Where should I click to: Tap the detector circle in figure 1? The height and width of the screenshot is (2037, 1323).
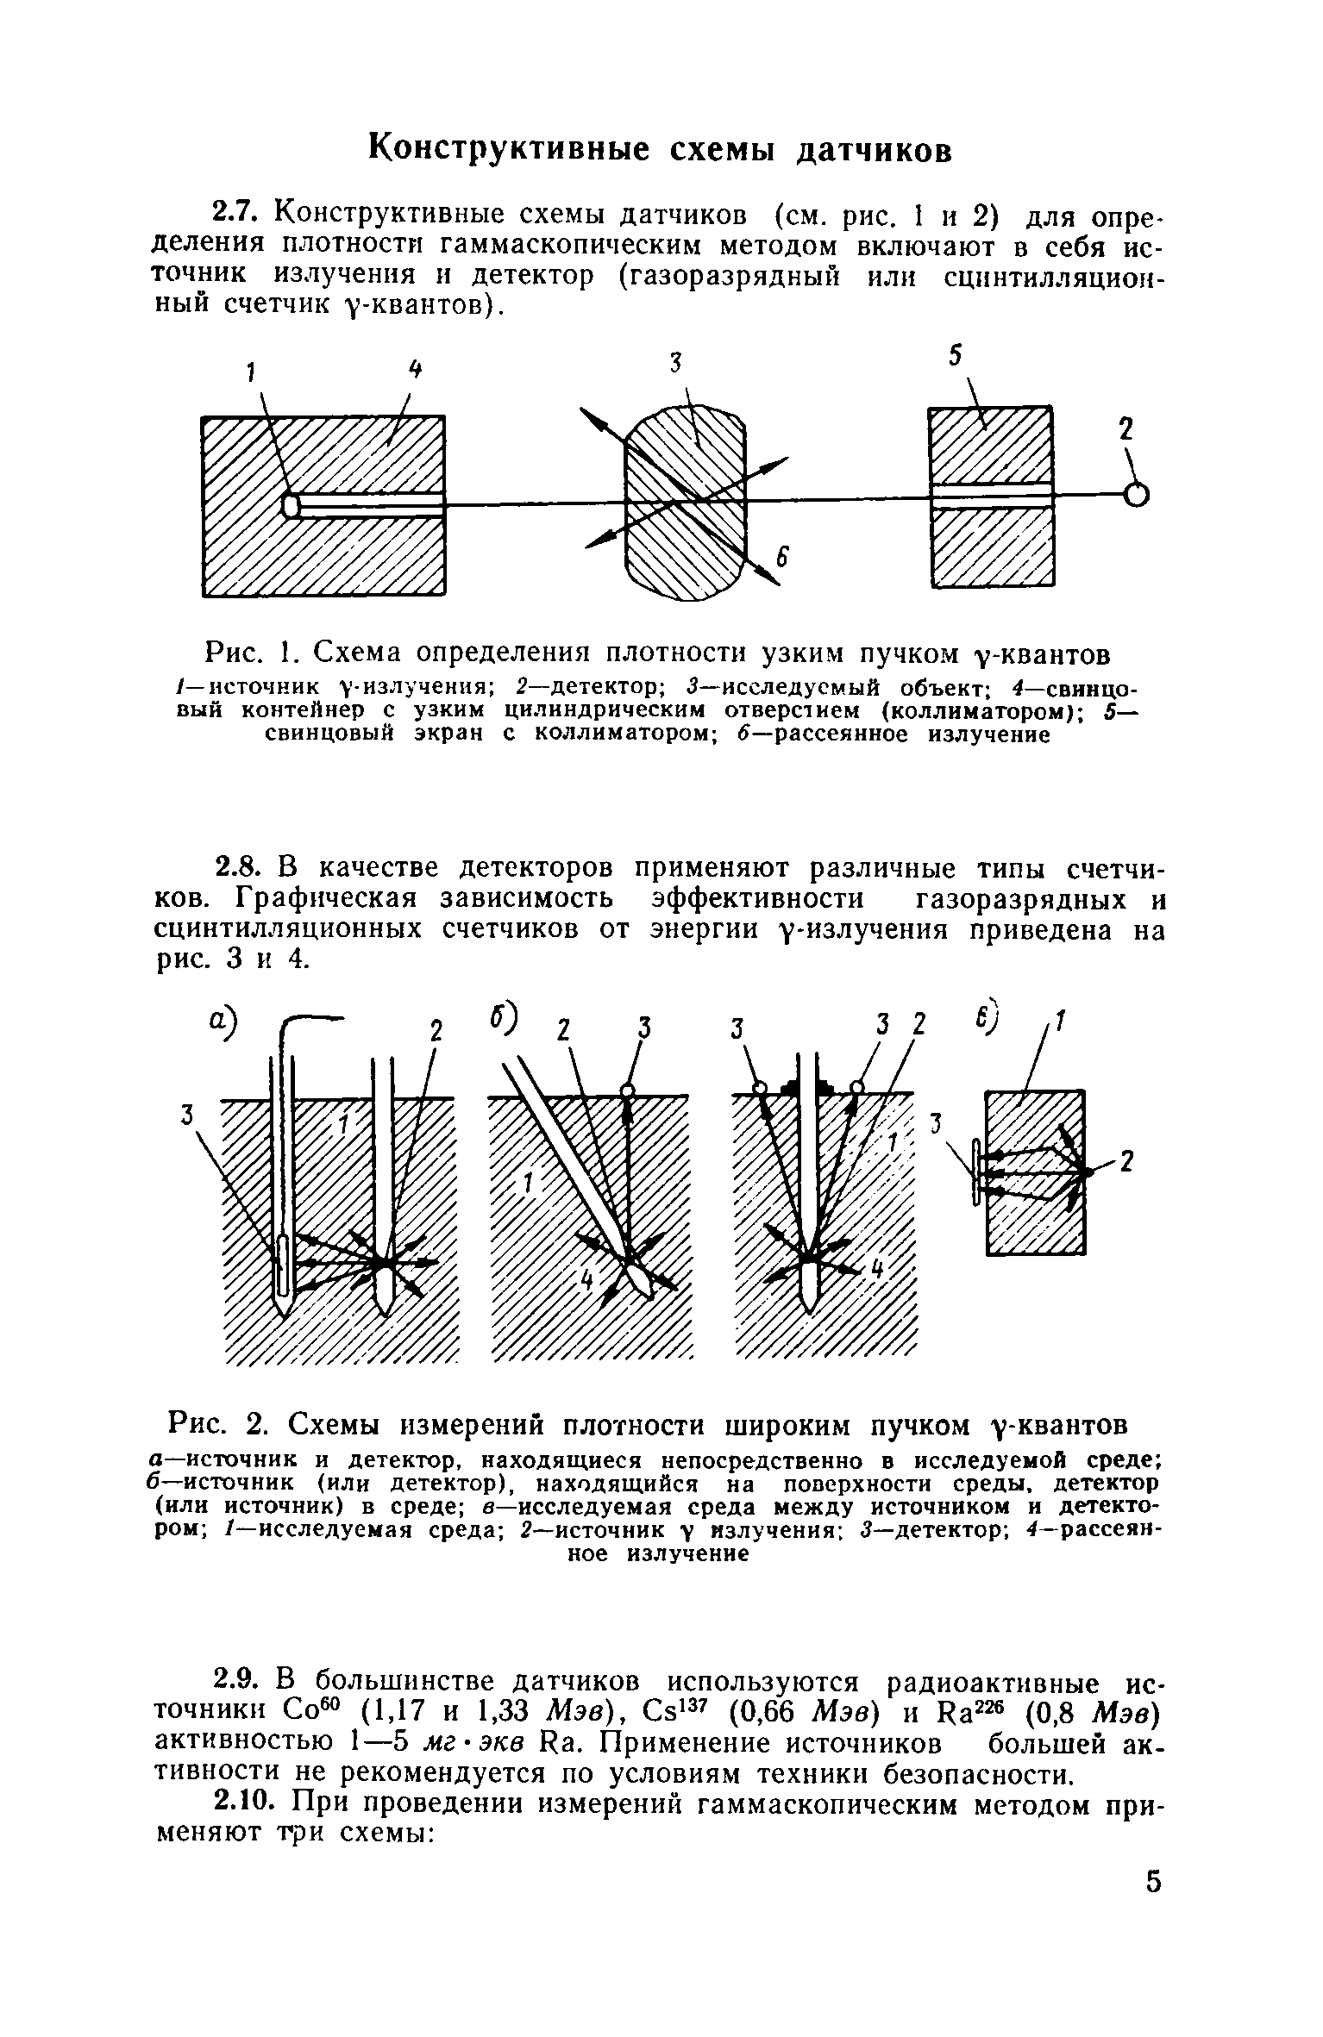coord(1136,495)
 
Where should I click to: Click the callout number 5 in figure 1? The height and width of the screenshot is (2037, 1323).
coord(956,357)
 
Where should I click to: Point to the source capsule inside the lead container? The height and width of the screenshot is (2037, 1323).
coord(292,504)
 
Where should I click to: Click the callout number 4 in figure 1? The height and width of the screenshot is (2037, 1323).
coord(417,371)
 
